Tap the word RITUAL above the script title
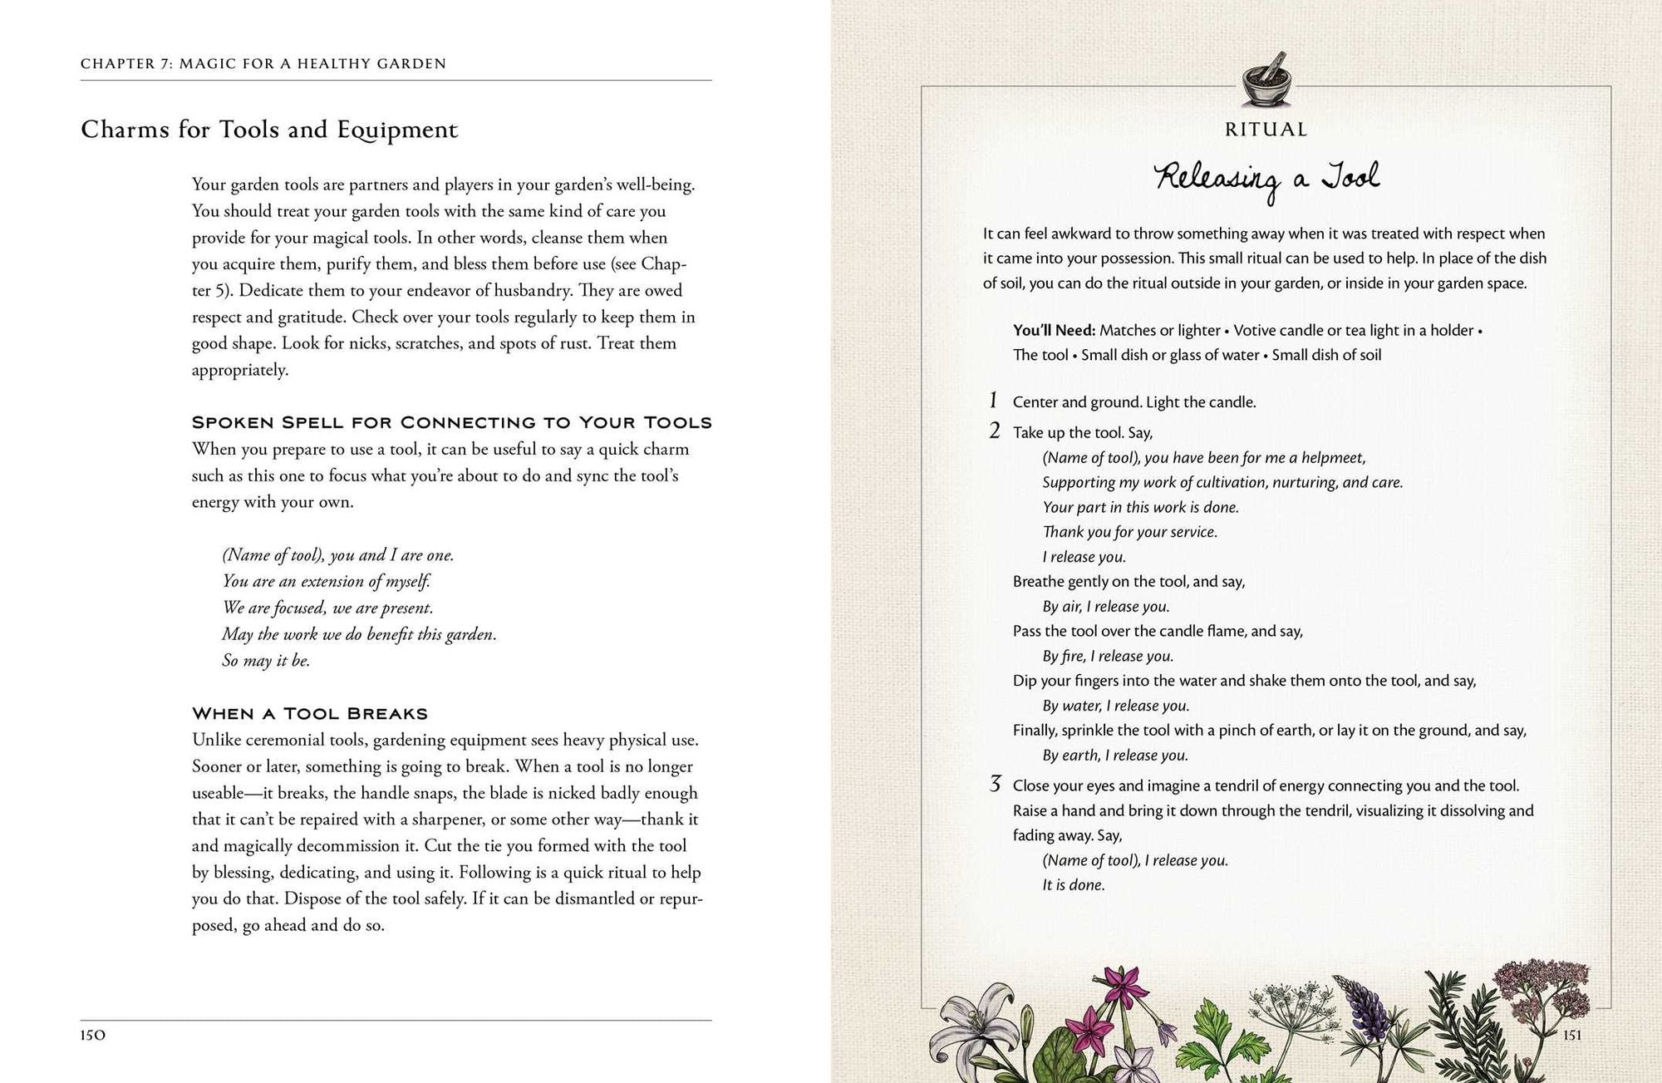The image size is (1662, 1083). coord(1266,130)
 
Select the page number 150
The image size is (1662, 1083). coord(93,1036)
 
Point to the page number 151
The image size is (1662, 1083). coord(1571,1036)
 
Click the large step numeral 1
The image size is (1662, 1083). coord(993,401)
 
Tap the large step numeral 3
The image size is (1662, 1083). coord(995,784)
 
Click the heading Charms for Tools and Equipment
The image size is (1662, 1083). coord(269,130)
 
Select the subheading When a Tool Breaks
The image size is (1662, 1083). coord(310,714)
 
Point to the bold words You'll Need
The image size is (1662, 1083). coord(1054,330)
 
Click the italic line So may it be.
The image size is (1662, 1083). coord(266,661)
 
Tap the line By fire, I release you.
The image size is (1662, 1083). coord(1108,656)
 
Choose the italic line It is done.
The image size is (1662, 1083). coord(1074,885)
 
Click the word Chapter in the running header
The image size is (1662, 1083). coord(118,64)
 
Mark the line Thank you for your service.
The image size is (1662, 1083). coord(1130,532)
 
